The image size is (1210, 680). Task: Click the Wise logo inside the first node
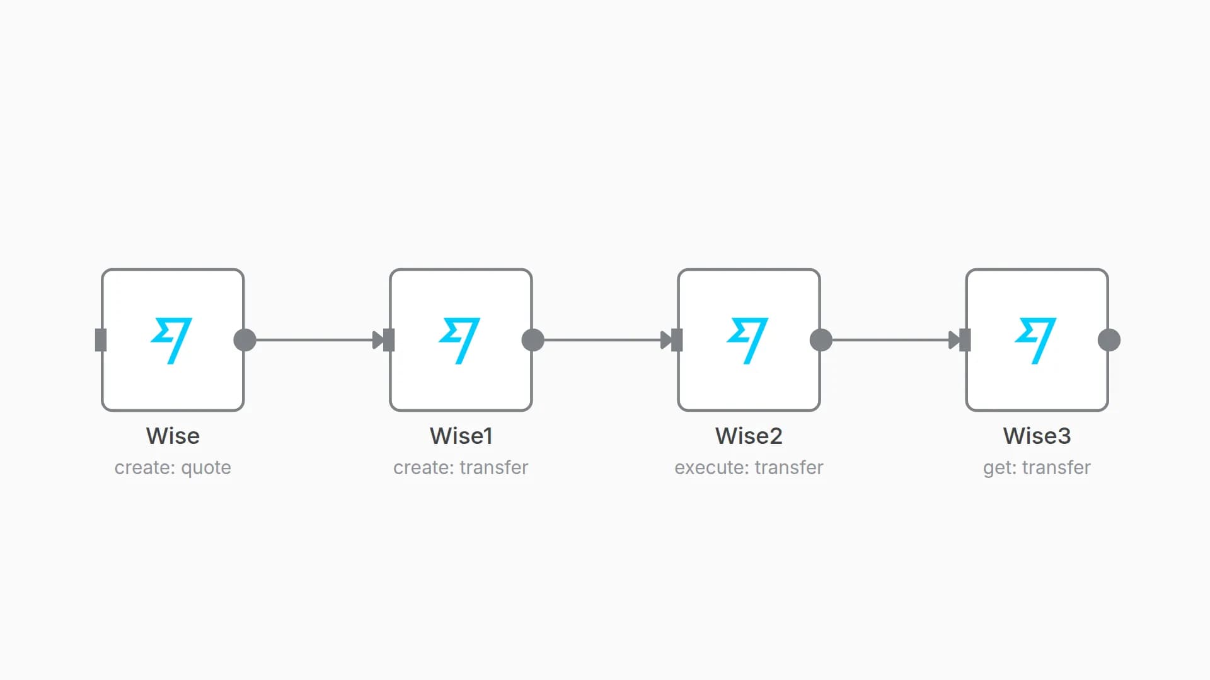point(171,341)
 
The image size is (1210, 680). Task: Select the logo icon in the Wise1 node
point(459,341)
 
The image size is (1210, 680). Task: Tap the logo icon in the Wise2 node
point(747,341)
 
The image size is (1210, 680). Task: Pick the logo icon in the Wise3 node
point(1035,341)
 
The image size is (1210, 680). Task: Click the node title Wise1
point(461,436)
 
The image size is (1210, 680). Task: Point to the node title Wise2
point(749,436)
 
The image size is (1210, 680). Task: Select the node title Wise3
point(1037,436)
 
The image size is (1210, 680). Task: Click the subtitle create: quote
point(173,468)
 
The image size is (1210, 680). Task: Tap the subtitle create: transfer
point(461,468)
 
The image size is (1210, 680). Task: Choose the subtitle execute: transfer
point(749,468)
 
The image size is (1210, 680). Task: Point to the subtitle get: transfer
point(1037,468)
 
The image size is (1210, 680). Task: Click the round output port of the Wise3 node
point(1109,340)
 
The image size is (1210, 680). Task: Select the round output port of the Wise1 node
point(533,340)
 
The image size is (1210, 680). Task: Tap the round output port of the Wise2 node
point(821,340)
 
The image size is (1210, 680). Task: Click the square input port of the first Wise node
point(101,340)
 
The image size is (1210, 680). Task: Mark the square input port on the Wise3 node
point(965,340)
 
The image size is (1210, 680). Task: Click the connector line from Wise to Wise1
point(314,340)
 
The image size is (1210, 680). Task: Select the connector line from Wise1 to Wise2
point(602,340)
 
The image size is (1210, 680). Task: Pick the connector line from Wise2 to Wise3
point(890,340)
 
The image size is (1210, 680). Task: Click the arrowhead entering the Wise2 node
point(666,340)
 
